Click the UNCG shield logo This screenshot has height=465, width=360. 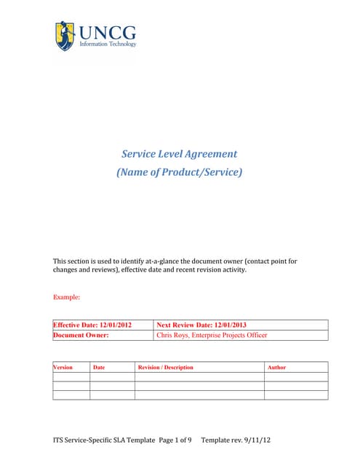65,36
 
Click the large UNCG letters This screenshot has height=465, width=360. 107,32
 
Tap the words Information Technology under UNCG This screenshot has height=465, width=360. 107,44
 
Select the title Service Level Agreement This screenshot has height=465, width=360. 179,154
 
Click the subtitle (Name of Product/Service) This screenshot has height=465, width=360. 179,172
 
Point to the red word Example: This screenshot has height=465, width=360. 67,297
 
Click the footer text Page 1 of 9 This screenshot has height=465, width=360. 175,440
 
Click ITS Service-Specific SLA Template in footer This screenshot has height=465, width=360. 104,440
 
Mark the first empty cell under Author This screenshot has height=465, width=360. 296,376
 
